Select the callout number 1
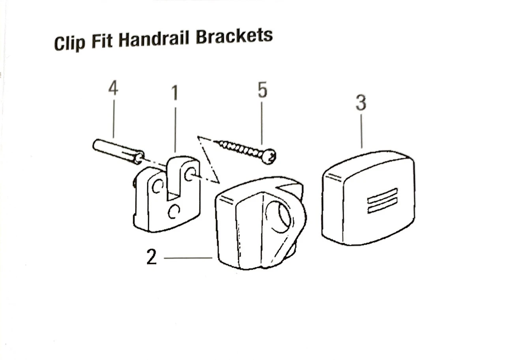click(x=174, y=93)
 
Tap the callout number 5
click(x=262, y=90)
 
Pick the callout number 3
click(x=361, y=103)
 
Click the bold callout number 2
click(x=152, y=258)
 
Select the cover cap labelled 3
click(x=369, y=197)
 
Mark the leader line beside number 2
click(x=188, y=258)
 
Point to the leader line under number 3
click(x=361, y=130)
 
